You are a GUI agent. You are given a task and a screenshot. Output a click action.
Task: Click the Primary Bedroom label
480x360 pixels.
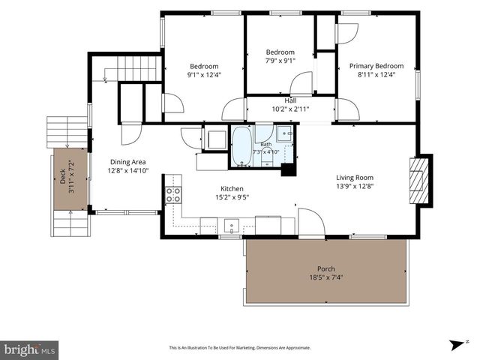point(376,66)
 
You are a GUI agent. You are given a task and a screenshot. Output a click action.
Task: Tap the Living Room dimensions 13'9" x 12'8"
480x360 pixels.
point(355,186)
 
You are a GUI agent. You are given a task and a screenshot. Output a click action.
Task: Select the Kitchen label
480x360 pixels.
point(232,188)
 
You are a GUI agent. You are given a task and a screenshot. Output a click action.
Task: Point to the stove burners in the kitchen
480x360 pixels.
point(173,195)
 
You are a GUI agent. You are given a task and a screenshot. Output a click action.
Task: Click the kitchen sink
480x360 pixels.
point(232,226)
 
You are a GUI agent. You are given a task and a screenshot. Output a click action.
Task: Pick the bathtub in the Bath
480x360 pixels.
point(241,146)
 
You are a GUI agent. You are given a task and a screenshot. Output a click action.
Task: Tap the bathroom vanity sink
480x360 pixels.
point(285,133)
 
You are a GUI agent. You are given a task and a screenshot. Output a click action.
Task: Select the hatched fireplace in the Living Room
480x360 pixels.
point(418,180)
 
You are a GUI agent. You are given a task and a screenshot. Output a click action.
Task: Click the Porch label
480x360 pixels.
point(326,268)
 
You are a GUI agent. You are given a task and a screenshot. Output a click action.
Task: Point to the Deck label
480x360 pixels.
point(63,176)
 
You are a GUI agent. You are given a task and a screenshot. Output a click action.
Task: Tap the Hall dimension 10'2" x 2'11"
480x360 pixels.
point(290,109)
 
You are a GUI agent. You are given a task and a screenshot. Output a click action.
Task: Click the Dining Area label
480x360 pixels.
point(128,162)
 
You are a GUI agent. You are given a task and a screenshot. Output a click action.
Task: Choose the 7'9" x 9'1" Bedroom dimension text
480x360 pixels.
point(280,61)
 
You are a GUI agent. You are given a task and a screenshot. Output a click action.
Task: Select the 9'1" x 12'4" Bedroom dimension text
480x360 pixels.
point(204,75)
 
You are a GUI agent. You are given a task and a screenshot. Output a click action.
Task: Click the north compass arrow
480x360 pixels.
point(457,345)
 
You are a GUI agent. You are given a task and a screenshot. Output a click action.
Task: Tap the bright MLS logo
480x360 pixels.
point(29,349)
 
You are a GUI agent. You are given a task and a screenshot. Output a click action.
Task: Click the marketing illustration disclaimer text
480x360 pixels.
point(240,348)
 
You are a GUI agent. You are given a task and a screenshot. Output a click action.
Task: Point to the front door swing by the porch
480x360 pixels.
point(311,223)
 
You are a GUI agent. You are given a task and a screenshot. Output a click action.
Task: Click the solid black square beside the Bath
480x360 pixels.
point(288,170)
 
